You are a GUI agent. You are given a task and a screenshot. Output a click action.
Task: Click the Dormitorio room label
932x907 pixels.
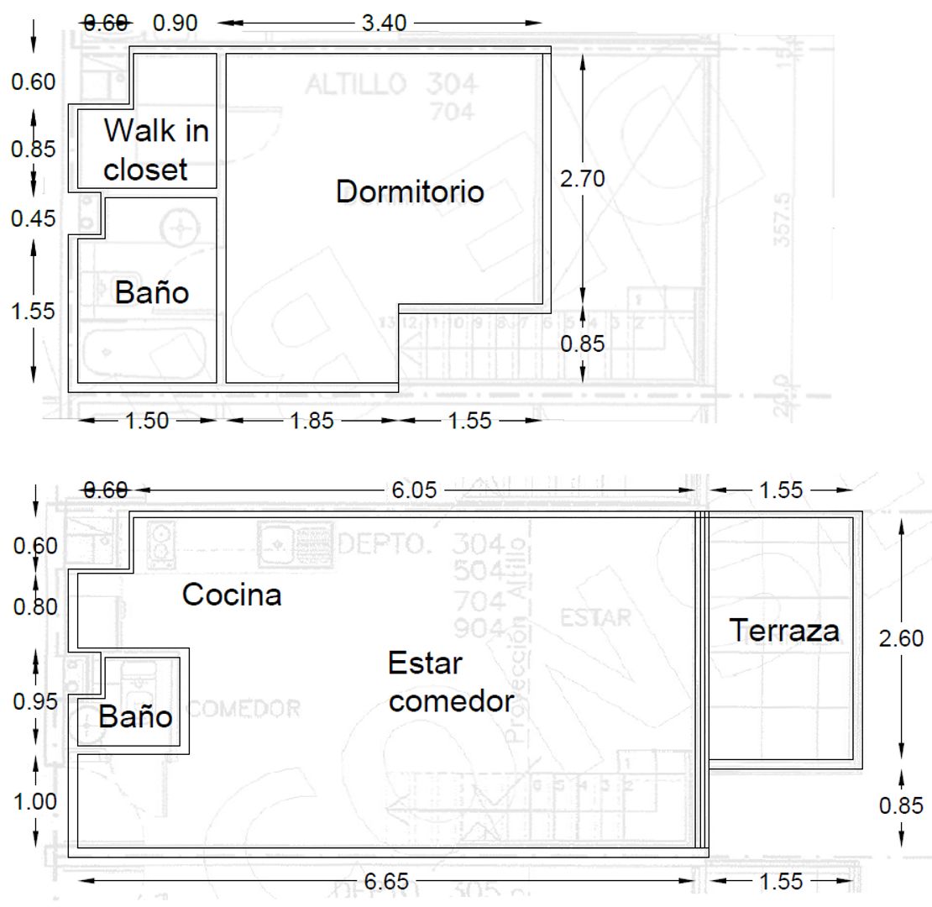(410, 191)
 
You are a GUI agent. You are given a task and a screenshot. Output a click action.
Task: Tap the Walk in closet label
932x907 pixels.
(156, 150)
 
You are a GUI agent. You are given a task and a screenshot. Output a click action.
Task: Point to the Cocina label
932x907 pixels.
(232, 595)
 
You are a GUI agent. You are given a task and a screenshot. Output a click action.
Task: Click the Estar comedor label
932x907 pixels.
(450, 682)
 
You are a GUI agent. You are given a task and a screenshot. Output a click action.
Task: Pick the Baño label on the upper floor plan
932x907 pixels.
(152, 292)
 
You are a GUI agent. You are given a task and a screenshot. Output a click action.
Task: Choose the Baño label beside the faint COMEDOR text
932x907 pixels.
(135, 717)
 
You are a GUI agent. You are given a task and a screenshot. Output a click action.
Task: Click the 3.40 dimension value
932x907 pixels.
(384, 23)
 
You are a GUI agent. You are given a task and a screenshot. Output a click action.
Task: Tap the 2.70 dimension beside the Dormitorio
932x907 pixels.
(583, 177)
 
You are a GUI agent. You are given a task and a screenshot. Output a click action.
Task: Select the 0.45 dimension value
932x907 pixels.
(33, 218)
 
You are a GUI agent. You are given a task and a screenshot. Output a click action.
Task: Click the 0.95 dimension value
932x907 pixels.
(34, 701)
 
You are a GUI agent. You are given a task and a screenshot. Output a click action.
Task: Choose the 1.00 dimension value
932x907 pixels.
(34, 801)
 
